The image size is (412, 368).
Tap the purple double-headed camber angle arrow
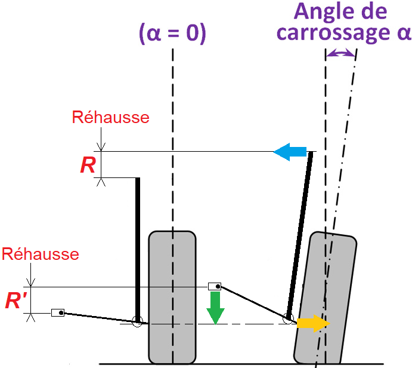click(x=340, y=54)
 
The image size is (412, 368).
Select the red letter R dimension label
click(x=88, y=165)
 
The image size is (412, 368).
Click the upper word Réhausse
click(x=110, y=117)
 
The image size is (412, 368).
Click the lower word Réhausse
click(x=41, y=254)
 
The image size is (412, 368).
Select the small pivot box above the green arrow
click(x=214, y=286)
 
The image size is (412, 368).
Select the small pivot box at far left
click(x=58, y=312)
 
